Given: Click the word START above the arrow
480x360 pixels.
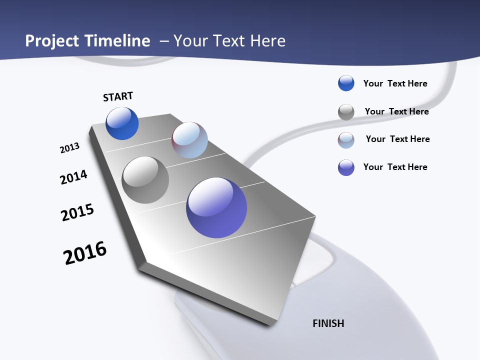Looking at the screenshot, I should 118,96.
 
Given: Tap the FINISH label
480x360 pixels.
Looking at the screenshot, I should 328,323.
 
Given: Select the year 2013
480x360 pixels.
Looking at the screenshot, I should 69,148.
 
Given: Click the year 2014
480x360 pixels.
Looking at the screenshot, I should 73,177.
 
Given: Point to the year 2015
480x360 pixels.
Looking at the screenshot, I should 77,212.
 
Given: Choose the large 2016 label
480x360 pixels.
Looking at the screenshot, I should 85,253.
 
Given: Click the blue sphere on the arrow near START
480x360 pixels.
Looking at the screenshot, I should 122,123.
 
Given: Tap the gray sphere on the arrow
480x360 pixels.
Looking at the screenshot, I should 145,180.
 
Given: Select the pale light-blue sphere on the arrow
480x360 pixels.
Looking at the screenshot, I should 189,140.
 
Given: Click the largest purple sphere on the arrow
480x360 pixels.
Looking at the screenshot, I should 216,207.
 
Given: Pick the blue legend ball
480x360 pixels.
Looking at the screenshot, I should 346,83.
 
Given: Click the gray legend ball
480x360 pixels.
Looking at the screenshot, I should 346,112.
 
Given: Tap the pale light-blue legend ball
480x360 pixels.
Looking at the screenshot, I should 346,140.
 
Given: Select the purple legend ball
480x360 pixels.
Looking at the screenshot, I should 346,167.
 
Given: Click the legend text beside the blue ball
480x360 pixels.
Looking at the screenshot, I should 395,83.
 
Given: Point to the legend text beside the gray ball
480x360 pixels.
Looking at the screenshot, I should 396,111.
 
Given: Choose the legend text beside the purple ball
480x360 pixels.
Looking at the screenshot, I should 395,167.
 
